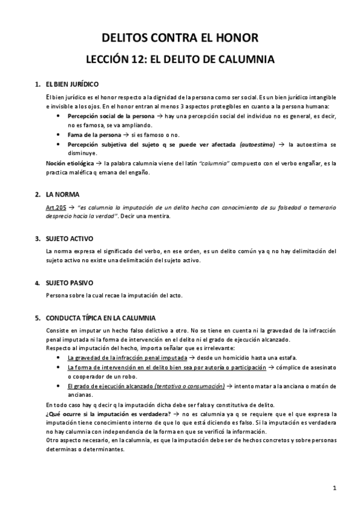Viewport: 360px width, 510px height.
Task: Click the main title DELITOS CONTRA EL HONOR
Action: pos(180,38)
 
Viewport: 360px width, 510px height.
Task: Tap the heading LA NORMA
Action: pos(62,195)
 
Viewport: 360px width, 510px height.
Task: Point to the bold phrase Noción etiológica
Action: pos(70,163)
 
